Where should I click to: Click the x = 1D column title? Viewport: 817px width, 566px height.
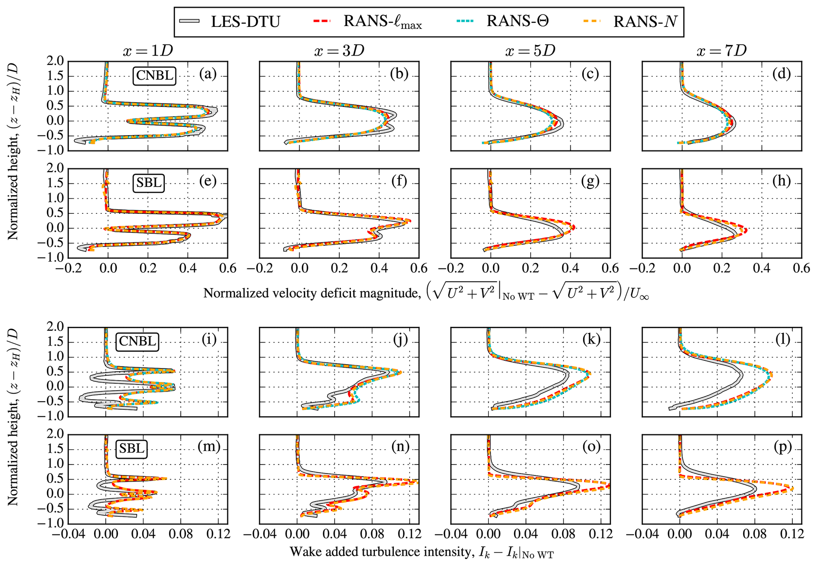tap(147, 51)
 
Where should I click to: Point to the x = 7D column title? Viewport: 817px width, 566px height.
tap(722, 51)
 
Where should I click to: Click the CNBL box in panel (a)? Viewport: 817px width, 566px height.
tap(154, 75)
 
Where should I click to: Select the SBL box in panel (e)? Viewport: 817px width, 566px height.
tap(148, 183)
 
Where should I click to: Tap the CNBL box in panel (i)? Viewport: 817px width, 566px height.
tap(137, 341)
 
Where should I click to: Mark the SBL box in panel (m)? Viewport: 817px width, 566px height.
tap(131, 449)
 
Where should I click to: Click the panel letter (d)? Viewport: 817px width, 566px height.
tap(781, 74)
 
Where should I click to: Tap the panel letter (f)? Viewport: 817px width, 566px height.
tap(399, 181)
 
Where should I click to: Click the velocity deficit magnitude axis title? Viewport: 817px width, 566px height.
tap(426, 293)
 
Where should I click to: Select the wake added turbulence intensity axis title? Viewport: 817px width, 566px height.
tap(421, 552)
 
